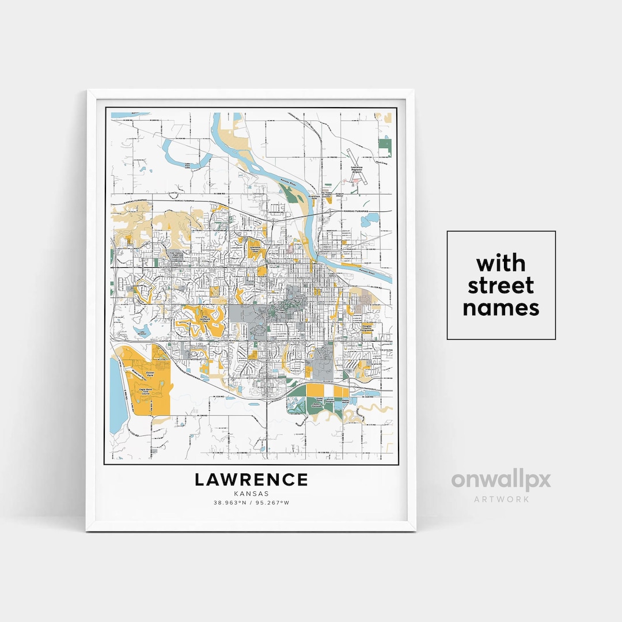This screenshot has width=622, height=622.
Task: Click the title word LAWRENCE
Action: tap(251, 479)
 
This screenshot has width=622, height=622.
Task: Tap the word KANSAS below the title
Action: tap(251, 494)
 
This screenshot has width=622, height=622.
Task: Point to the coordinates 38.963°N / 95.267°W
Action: tap(251, 502)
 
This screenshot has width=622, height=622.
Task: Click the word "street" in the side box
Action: tap(501, 286)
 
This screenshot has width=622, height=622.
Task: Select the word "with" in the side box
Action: tap(501, 264)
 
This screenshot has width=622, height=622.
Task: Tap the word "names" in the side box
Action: tap(501, 308)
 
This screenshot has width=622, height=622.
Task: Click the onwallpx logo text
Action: tap(501, 480)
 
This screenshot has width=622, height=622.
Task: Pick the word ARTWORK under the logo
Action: tap(501, 499)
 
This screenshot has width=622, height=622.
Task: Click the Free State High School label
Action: tap(175, 254)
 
